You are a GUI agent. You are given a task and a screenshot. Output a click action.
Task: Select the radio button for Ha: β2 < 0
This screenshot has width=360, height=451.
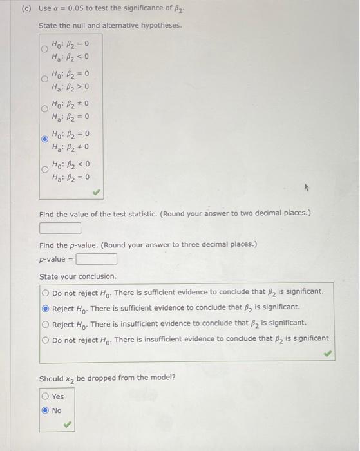[x=45, y=49]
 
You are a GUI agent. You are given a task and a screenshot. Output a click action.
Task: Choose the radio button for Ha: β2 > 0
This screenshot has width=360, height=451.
[x=45, y=79]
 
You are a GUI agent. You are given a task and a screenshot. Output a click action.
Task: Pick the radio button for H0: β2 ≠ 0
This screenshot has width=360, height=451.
[x=45, y=109]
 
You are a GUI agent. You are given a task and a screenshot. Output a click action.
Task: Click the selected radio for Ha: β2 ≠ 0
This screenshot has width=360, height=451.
[x=45, y=139]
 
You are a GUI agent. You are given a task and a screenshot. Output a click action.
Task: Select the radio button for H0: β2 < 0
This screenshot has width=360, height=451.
[x=45, y=169]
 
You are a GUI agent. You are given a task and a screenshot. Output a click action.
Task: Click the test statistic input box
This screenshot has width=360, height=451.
[x=60, y=228]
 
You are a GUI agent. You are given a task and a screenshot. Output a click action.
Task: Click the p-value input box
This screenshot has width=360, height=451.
[x=96, y=259]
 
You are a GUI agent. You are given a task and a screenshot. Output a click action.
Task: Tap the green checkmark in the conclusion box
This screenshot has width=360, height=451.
[x=328, y=353]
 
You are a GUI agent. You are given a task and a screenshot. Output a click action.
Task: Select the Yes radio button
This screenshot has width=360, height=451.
[x=45, y=396]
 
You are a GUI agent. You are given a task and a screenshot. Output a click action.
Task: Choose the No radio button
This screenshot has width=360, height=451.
[x=45, y=410]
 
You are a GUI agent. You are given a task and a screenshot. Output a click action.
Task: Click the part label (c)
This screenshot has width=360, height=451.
[x=26, y=8]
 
